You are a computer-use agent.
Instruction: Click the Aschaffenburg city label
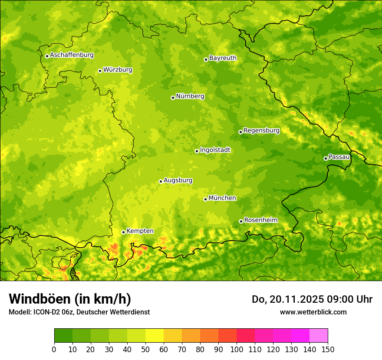tap(72, 55)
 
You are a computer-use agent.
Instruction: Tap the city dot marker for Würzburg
tap(100, 71)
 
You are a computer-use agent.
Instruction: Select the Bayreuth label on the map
tap(223, 58)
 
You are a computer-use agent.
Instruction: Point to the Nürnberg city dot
tap(173, 98)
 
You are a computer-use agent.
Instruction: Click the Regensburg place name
tap(261, 131)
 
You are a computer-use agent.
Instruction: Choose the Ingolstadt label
tap(215, 150)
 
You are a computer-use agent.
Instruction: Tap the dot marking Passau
tap(326, 158)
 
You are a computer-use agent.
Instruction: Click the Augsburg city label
tap(178, 180)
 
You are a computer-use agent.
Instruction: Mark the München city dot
tap(205, 199)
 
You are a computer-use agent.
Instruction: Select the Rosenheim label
tap(260, 220)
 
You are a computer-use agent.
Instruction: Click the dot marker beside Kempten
tap(123, 232)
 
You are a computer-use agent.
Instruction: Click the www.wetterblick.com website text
tap(313, 312)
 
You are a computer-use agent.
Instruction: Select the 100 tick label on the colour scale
tap(237, 350)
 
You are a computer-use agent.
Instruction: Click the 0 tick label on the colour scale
tap(54, 350)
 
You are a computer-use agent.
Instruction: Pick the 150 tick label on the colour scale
tap(328, 350)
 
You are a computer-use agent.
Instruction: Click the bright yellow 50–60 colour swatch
tap(155, 336)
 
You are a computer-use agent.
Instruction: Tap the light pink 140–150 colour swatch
tap(319, 336)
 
